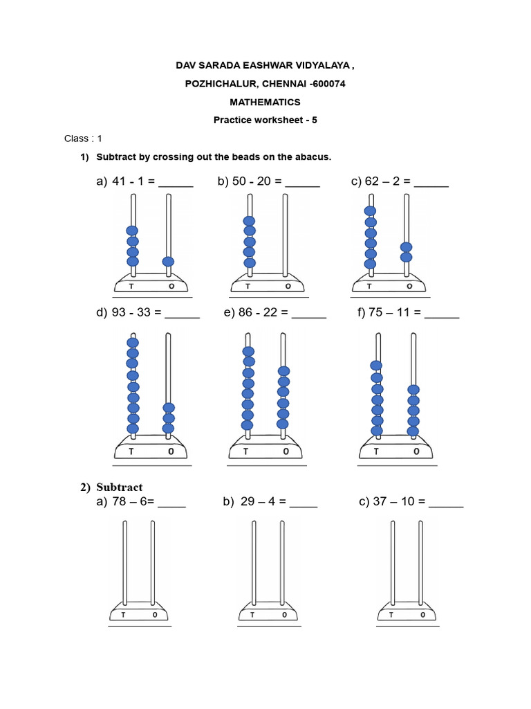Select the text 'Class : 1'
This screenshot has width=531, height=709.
click(x=83, y=138)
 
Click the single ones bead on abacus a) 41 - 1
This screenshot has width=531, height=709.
click(x=168, y=262)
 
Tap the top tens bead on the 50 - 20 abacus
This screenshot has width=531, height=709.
click(x=249, y=222)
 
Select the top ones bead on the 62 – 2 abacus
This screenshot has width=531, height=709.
click(x=407, y=247)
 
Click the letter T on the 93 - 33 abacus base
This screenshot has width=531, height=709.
click(x=131, y=452)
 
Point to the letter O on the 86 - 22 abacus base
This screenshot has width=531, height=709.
click(x=286, y=452)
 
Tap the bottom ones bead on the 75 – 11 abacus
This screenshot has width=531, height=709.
click(x=413, y=431)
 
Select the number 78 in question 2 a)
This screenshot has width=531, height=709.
click(x=119, y=502)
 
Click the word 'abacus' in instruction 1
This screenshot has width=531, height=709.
click(x=315, y=157)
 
